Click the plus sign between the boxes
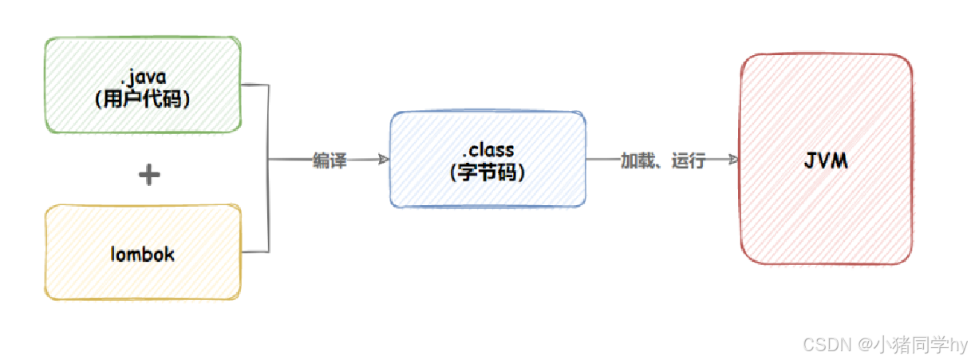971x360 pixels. click(x=149, y=175)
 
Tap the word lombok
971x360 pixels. click(x=143, y=255)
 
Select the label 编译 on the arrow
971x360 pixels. click(x=330, y=160)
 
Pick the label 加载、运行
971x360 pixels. click(x=663, y=160)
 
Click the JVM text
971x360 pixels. click(x=826, y=161)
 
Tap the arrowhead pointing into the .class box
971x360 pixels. click(x=384, y=160)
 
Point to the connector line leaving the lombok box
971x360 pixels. click(x=255, y=252)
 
